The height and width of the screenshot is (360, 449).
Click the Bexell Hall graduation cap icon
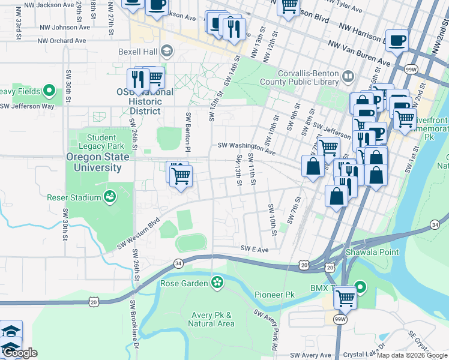coord(167,52)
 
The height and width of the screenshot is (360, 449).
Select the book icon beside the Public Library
coord(348,76)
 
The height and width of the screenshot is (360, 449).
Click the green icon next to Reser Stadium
coord(110,196)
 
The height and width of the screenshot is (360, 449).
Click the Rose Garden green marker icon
coord(217,283)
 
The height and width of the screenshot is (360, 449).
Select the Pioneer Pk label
coord(274,295)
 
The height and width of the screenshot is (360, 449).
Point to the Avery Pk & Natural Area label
coord(211,319)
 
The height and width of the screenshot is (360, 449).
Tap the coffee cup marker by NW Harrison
coord(397,41)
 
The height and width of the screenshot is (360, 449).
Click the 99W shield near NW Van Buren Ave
coord(411,70)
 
